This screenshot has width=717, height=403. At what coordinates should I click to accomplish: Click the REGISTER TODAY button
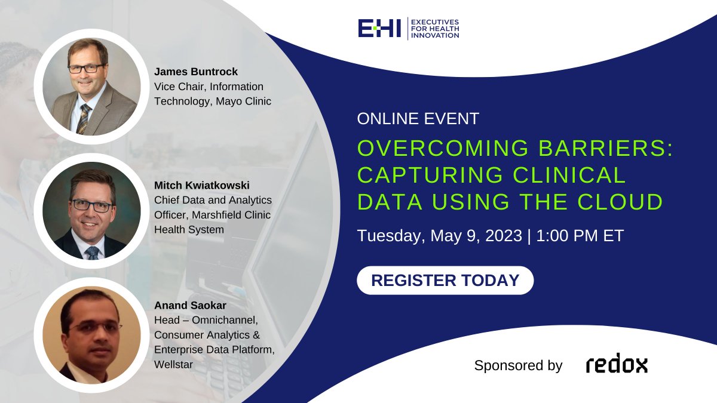point(445,280)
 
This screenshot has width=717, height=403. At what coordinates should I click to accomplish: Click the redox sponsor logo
point(617,365)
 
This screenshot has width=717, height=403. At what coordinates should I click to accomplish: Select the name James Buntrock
point(195,72)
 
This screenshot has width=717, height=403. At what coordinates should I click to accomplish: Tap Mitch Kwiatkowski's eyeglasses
point(91,205)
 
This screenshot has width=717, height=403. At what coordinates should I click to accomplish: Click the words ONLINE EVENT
point(418,119)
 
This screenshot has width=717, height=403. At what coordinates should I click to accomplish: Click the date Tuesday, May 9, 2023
point(439,235)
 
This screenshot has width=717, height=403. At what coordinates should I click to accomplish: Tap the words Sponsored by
point(518,365)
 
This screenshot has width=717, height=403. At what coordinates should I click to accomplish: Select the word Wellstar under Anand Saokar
point(174,364)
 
